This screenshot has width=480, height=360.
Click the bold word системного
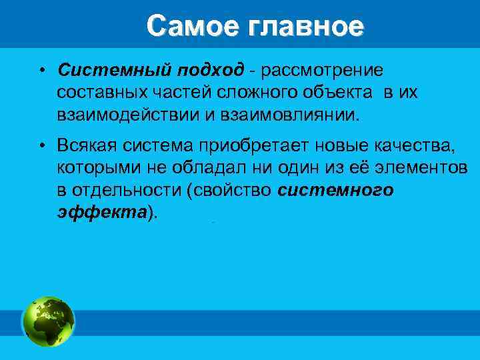pyautogui.click(x=335, y=190)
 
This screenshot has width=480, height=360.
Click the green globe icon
pyautogui.click(x=48, y=321)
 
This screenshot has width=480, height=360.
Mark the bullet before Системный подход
pyautogui.click(x=41, y=71)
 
